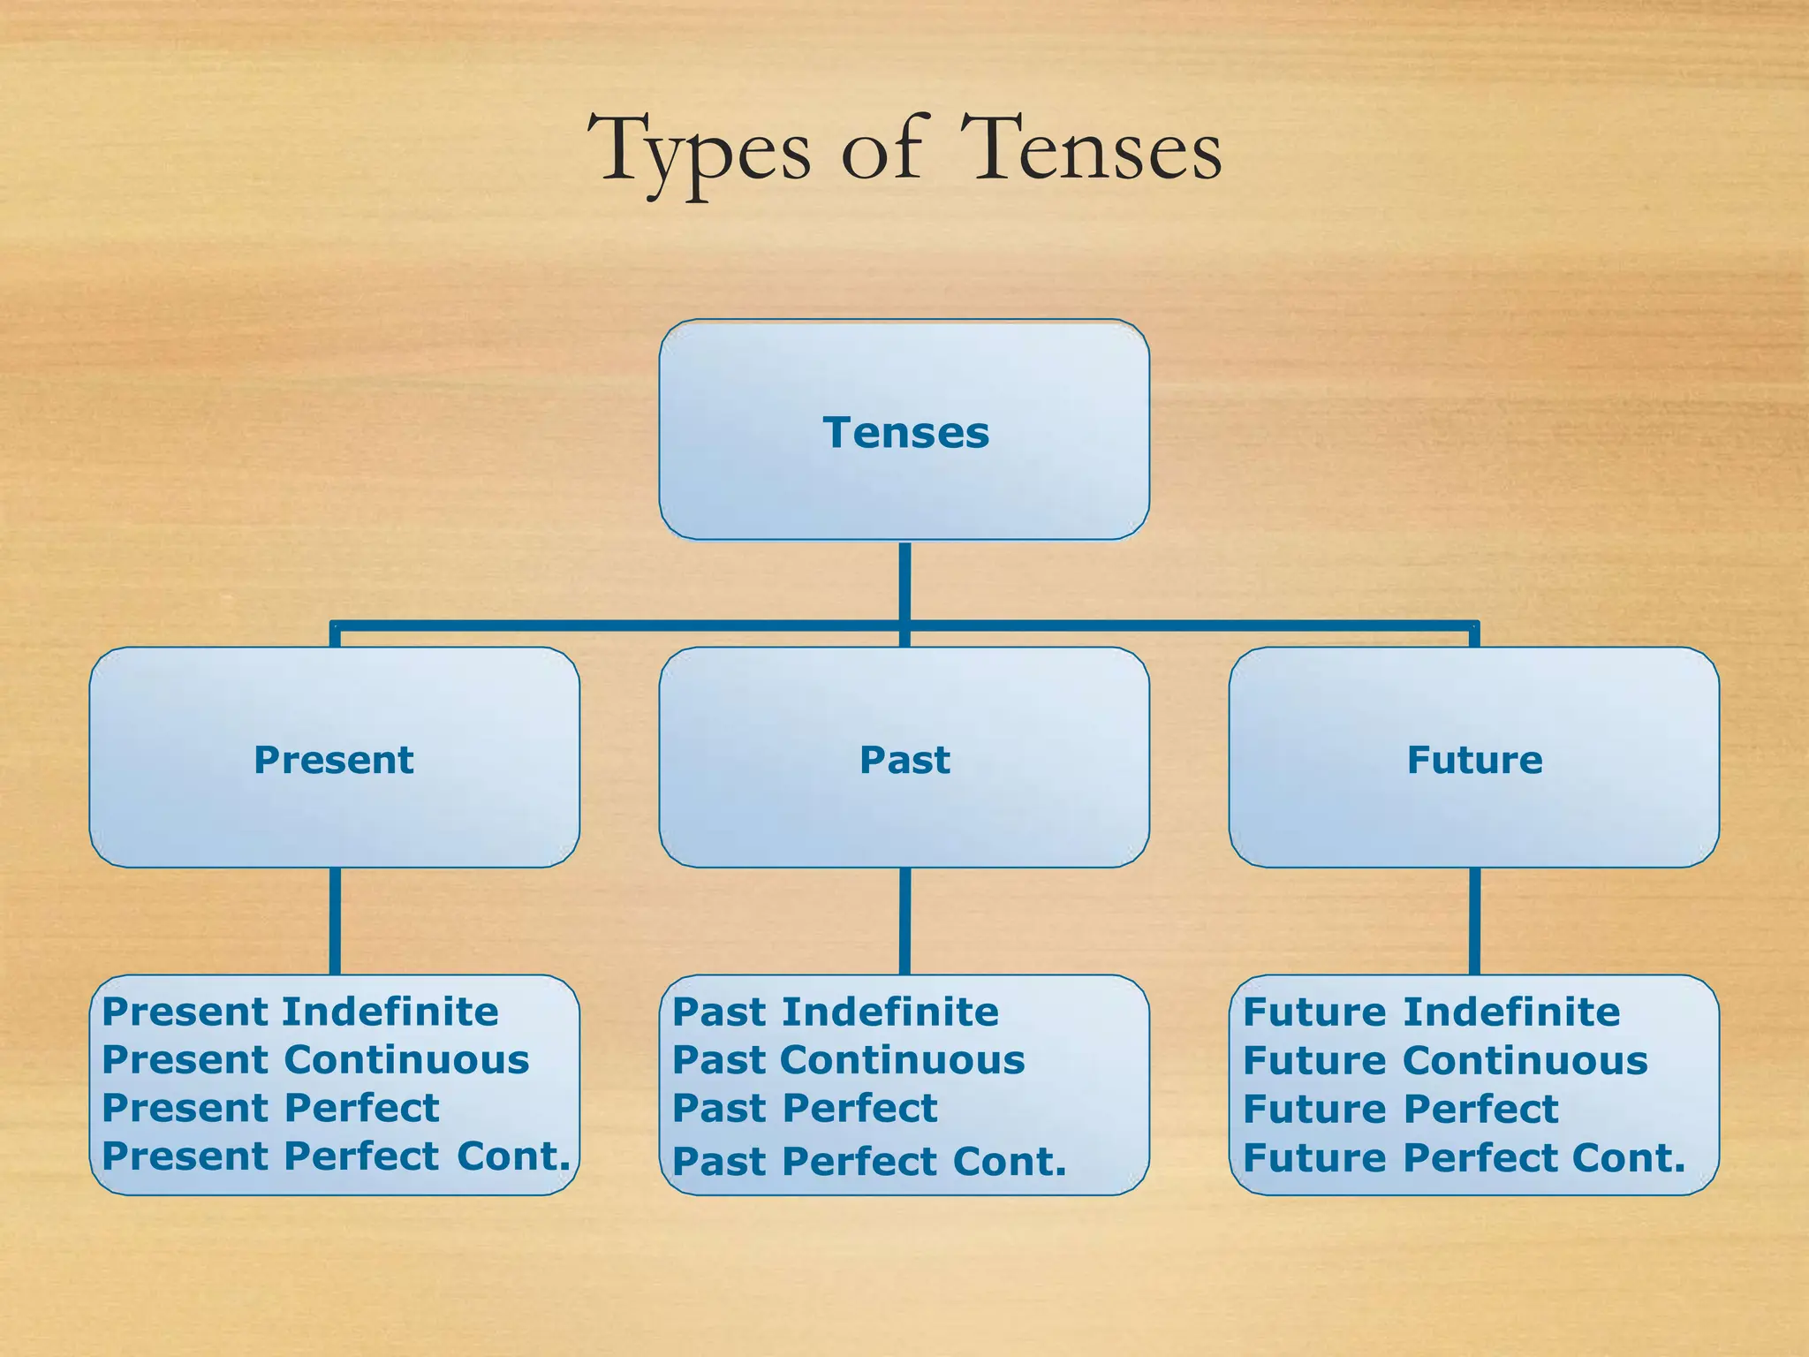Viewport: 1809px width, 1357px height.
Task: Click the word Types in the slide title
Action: pyautogui.click(x=698, y=150)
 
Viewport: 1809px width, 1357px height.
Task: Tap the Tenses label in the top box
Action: pyautogui.click(x=905, y=433)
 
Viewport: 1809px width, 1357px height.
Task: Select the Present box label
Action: pyautogui.click(x=334, y=760)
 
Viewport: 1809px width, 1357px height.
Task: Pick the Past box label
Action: pyautogui.click(x=904, y=760)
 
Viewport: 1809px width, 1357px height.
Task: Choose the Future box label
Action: pyautogui.click(x=1474, y=760)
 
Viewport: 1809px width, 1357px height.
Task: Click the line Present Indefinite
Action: pyautogui.click(x=300, y=1012)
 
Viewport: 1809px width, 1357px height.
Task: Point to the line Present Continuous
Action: pyautogui.click(x=315, y=1060)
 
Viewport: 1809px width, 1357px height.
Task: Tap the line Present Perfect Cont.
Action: pyautogui.click(x=336, y=1156)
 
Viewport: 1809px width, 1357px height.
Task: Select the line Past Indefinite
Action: pyautogui.click(x=836, y=1012)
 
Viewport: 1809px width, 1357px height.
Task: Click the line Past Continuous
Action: pyautogui.click(x=849, y=1060)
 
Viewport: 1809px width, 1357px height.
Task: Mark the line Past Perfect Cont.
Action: pyautogui.click(x=869, y=1161)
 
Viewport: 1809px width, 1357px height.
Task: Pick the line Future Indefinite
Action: pyautogui.click(x=1431, y=1012)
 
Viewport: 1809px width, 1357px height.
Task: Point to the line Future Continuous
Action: pyautogui.click(x=1445, y=1060)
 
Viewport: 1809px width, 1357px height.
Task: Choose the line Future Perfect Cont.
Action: pyautogui.click(x=1464, y=1157)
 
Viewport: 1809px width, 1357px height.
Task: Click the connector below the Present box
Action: pyautogui.click(x=335, y=921)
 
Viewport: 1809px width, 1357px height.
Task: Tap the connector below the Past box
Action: pyautogui.click(x=904, y=921)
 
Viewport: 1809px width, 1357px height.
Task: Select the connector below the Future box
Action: pyautogui.click(x=1474, y=921)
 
